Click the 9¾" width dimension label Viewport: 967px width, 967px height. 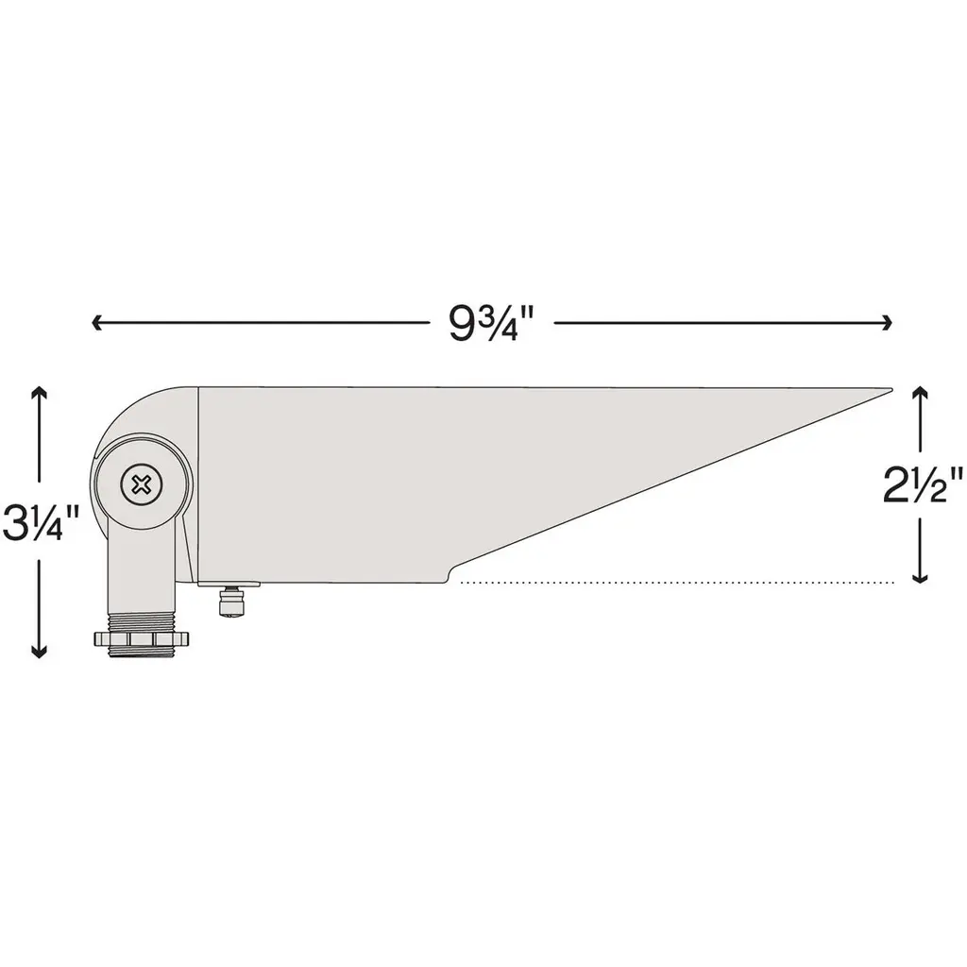490,323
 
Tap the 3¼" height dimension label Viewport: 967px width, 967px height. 41,521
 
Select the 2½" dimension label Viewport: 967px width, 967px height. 923,484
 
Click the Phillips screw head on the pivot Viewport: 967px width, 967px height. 143,484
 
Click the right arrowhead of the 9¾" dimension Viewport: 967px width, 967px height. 887,323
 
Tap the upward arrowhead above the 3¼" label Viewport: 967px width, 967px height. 40,393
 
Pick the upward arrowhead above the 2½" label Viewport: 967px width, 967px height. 920,393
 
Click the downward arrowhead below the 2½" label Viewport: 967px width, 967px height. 920,576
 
